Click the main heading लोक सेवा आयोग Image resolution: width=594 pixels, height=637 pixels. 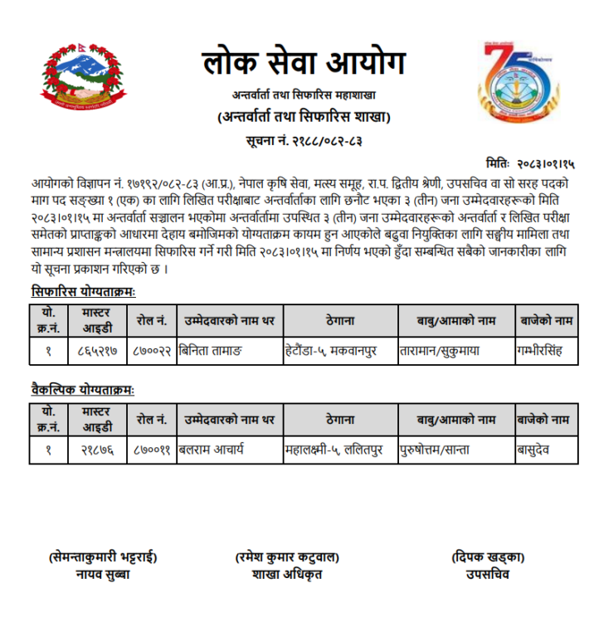click(303, 64)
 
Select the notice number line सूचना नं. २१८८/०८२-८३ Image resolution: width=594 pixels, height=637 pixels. click(303, 140)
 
